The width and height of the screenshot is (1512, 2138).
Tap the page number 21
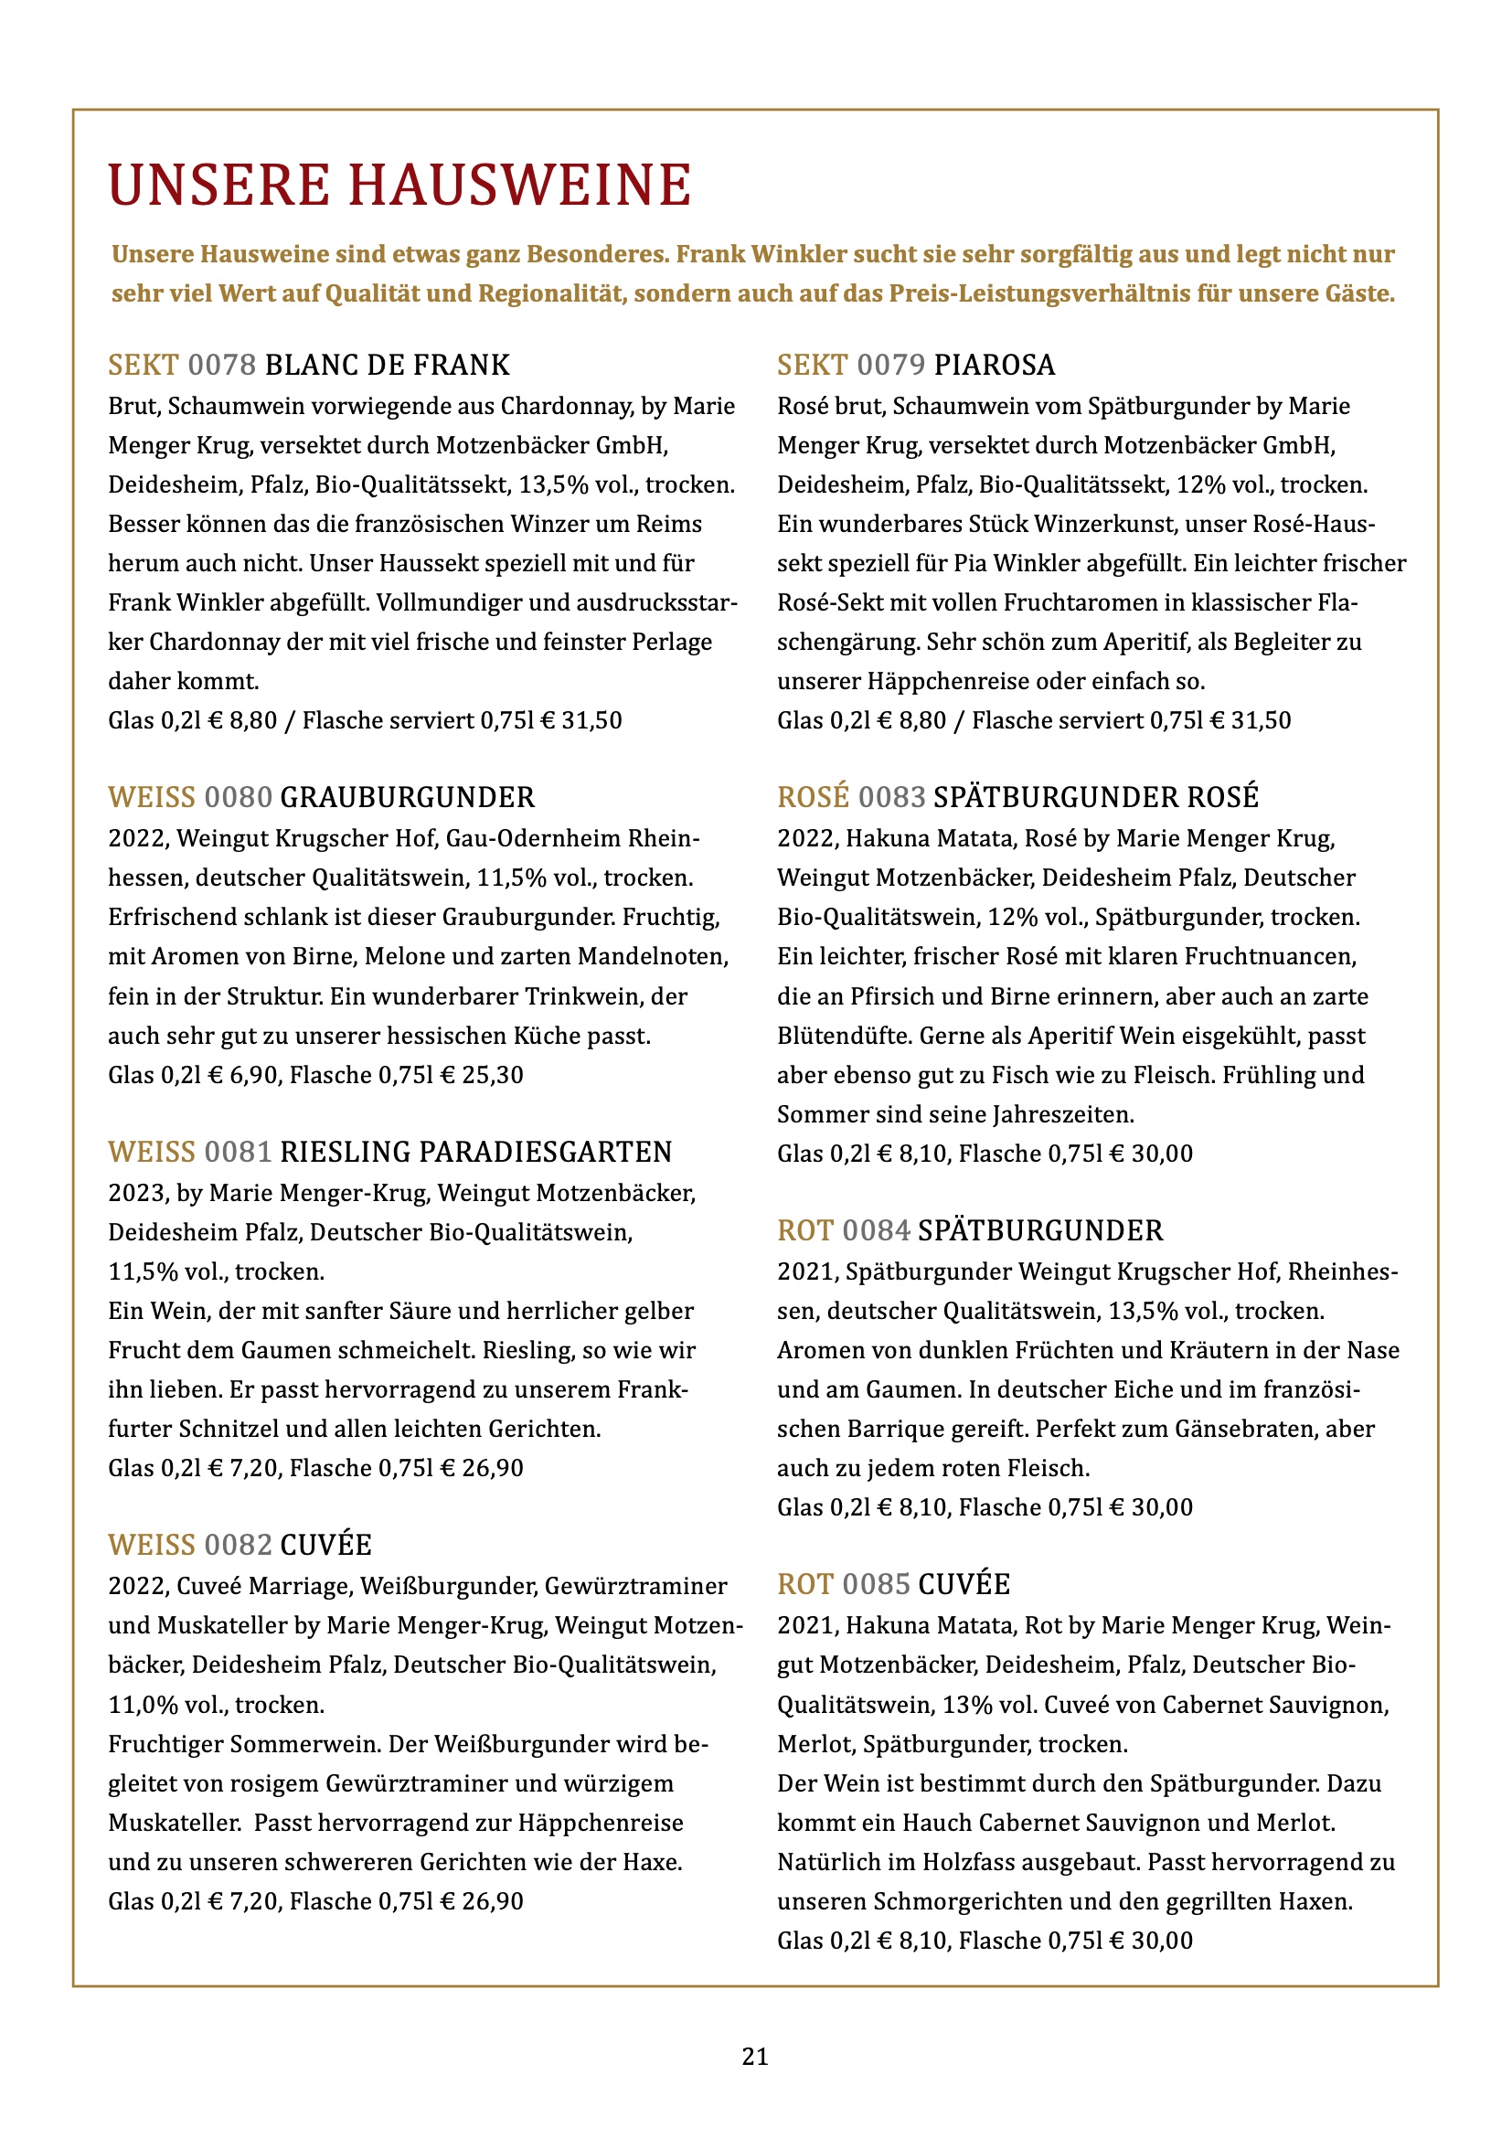coord(755,2056)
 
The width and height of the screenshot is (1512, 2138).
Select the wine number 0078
coord(222,365)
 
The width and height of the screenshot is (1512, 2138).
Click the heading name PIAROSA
coord(995,365)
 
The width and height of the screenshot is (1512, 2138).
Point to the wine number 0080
coord(239,797)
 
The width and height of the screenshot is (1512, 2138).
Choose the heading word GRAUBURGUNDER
coord(408,797)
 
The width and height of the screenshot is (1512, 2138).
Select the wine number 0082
coord(239,1545)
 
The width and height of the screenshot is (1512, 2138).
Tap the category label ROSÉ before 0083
coord(813,797)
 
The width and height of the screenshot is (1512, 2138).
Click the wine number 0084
coord(876,1230)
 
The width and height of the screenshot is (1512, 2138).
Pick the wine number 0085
coord(876,1584)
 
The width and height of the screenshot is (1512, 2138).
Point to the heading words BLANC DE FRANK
coord(388,365)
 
